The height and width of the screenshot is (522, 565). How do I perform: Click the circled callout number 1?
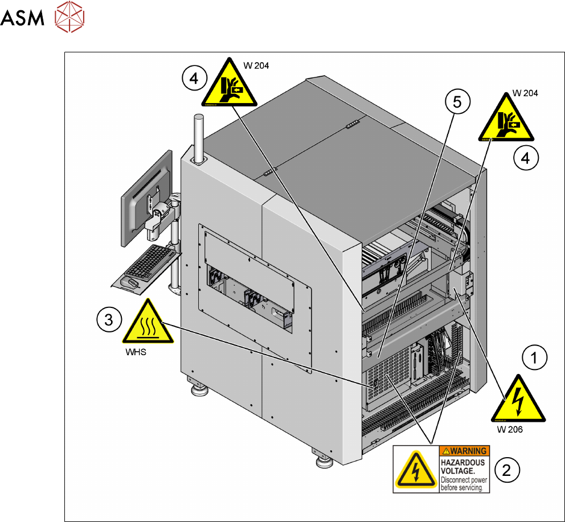click(534, 358)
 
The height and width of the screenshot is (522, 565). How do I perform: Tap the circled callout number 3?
click(108, 318)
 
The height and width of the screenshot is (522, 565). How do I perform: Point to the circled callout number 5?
click(457, 102)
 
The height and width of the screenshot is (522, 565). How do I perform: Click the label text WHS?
click(136, 352)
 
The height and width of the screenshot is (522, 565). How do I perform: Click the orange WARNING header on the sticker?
click(464, 451)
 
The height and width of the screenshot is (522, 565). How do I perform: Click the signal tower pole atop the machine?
click(199, 138)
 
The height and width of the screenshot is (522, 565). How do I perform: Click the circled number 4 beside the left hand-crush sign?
click(194, 79)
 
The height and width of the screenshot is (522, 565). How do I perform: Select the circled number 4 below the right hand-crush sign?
click(525, 158)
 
